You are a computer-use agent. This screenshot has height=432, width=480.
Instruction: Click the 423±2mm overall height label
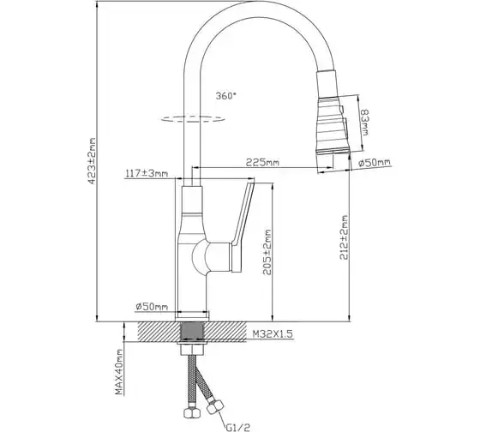93,161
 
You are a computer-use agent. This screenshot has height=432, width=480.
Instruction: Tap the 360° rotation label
226,96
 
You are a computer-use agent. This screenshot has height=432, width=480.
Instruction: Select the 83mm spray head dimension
365,123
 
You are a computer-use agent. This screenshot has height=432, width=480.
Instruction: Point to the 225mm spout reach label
262,162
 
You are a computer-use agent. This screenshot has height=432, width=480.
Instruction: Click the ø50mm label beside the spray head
375,163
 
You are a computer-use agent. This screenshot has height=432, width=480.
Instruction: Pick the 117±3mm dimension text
147,174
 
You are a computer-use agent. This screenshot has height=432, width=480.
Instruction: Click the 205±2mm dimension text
267,252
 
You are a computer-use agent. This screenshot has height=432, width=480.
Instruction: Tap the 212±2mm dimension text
344,237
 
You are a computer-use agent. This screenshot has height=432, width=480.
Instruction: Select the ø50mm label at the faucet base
152,306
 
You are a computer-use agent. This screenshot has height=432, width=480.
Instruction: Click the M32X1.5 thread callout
273,334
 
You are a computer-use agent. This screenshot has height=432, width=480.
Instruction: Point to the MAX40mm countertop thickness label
119,372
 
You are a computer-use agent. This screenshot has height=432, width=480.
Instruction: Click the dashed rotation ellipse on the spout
193,119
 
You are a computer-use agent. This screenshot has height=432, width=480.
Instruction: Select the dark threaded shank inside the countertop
193,331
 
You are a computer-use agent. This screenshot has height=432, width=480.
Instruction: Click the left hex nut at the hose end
191,413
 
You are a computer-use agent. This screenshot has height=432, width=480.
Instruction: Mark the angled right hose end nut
215,406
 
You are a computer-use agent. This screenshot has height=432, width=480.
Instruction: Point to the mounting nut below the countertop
192,347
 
